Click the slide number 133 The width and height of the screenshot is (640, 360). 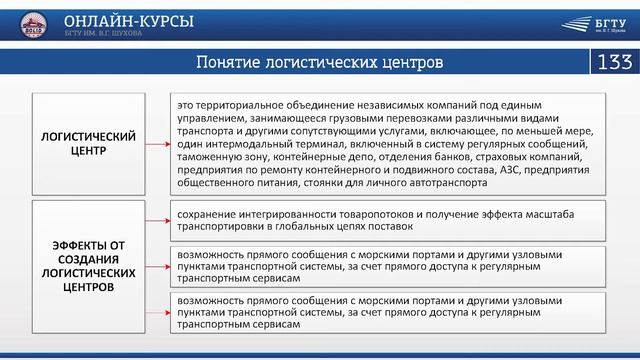click(x=613, y=62)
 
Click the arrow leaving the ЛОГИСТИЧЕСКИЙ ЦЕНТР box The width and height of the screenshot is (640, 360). click(x=155, y=142)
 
